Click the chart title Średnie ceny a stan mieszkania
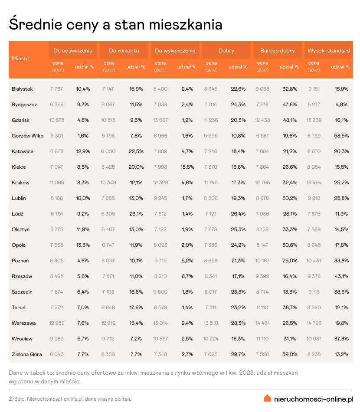coord(115,24)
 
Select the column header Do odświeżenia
coord(73,51)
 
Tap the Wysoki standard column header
coord(328,51)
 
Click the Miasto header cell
coord(21,59)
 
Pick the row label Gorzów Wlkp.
coord(28,136)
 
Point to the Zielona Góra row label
coord(27,354)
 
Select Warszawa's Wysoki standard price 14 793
coord(314,323)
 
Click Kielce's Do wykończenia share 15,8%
coord(187,167)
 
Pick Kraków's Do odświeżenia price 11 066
coord(57,183)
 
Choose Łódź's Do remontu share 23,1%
coord(136,214)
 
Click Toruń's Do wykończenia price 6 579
coord(160,307)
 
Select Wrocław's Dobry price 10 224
coord(212,339)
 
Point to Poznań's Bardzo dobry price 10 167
coord(262,261)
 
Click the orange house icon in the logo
coord(268,398)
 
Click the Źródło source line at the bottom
coord(70,399)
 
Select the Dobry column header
coord(226,51)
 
